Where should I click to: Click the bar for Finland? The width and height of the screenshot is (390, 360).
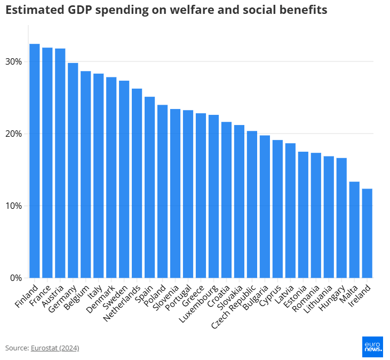click(x=35, y=160)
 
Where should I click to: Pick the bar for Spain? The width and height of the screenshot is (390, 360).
click(x=150, y=187)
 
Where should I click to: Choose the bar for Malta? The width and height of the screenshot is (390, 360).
click(x=354, y=230)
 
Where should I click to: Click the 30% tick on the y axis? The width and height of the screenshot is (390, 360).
click(x=14, y=61)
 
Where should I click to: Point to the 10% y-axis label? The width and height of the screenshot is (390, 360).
click(x=14, y=206)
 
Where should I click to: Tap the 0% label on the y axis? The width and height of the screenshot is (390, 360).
click(x=16, y=278)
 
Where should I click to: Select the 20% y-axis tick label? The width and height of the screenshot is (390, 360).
click(x=14, y=134)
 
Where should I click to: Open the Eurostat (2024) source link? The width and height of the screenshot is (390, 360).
click(x=55, y=348)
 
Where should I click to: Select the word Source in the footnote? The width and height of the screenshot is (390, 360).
click(x=16, y=348)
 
